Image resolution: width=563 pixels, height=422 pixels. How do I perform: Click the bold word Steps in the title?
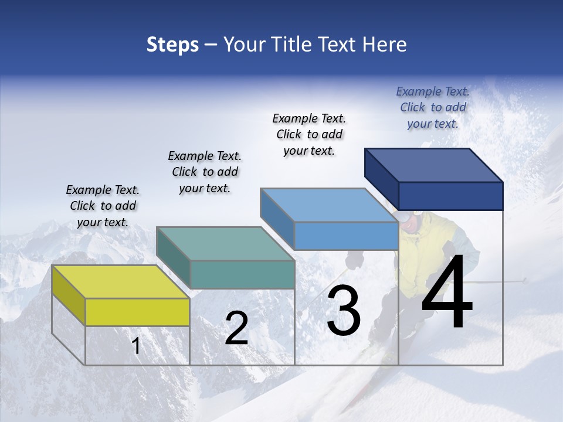click(172, 45)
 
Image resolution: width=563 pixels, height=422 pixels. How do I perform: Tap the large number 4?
click(447, 293)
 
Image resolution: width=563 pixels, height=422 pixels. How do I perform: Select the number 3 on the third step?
click(344, 311)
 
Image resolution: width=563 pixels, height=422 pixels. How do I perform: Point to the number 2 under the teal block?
click(236, 328)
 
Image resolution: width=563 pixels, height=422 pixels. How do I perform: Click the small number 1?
click(136, 346)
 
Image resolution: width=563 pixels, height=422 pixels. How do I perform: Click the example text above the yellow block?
click(103, 206)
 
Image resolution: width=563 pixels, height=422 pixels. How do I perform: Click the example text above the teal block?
click(205, 172)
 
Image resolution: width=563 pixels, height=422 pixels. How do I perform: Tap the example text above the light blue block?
click(309, 134)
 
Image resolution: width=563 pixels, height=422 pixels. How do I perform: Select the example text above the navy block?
click(433, 107)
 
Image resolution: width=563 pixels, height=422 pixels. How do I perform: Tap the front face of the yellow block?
click(137, 312)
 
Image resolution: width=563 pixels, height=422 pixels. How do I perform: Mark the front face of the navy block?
click(450, 196)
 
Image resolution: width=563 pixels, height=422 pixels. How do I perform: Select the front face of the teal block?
click(242, 274)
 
